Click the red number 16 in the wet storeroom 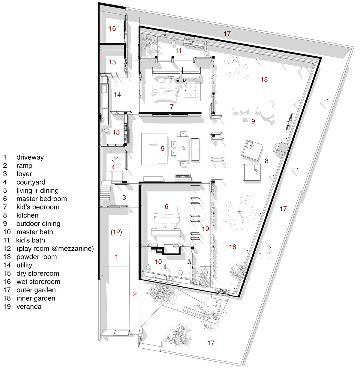click(x=112, y=28)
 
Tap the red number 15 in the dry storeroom click(x=112, y=62)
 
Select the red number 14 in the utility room click(x=117, y=94)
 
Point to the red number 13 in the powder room click(x=116, y=132)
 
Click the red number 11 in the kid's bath click(x=178, y=51)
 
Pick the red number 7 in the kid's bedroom click(x=172, y=107)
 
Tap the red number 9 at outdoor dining click(x=253, y=121)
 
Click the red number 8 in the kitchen click(x=266, y=161)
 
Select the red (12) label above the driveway click(x=116, y=232)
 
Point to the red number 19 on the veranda click(x=205, y=229)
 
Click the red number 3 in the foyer click(x=124, y=197)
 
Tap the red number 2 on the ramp click(x=135, y=294)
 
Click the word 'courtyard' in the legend click(x=31, y=182)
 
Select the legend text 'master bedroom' click(x=42, y=199)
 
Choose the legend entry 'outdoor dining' click(x=38, y=223)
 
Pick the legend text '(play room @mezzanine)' click(x=55, y=248)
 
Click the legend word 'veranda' click(x=29, y=307)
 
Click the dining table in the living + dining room click(x=183, y=149)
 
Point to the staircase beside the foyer click(x=106, y=190)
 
